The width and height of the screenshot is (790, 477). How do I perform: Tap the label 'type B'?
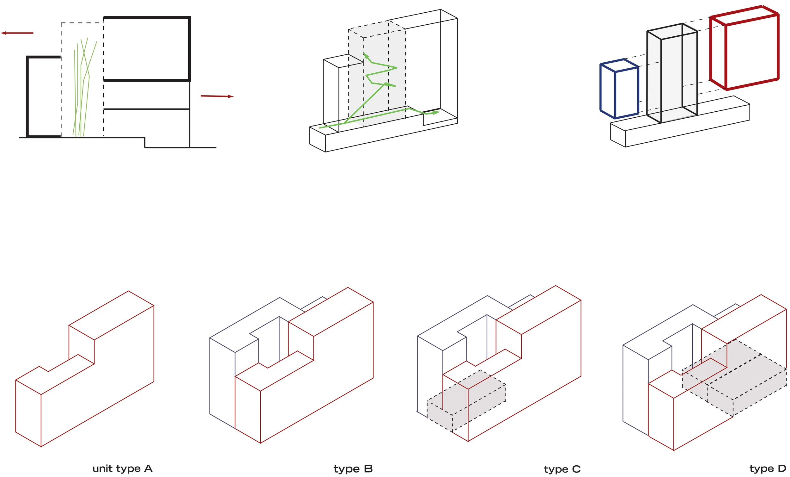353,469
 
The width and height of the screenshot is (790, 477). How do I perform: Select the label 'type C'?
562,469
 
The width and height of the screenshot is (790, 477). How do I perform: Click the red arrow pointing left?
16,33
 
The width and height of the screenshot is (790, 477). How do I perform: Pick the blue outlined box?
619,89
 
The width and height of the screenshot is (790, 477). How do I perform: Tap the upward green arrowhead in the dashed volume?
366,56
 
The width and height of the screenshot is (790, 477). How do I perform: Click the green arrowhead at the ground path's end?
436,113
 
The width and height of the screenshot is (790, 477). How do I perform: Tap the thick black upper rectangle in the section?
147,48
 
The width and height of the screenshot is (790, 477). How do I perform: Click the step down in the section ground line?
145,143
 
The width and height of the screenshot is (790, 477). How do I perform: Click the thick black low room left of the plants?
43,96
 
